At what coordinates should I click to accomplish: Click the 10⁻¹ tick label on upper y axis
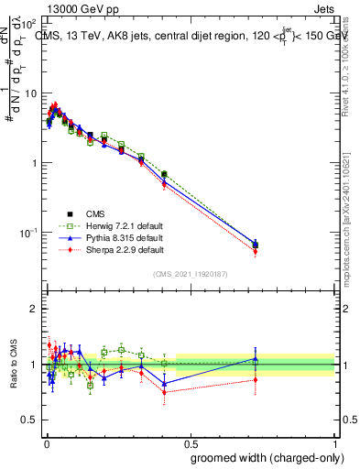tap(27, 234)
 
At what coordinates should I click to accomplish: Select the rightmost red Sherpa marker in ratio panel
tap(256, 379)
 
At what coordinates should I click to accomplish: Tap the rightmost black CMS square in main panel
tap(256, 245)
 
